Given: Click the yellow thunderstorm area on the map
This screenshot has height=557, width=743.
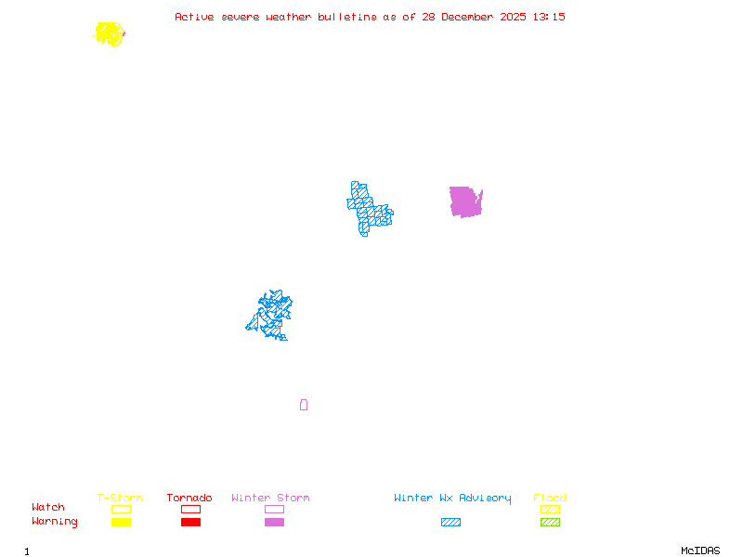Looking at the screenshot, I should click(x=110, y=34).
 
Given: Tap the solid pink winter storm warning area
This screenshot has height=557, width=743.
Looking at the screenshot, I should click(x=464, y=201).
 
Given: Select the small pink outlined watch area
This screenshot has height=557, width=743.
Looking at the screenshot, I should click(x=304, y=405).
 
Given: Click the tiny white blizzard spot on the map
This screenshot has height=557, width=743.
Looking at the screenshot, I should click(x=389, y=206).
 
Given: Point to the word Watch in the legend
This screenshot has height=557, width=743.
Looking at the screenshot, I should click(x=48, y=508).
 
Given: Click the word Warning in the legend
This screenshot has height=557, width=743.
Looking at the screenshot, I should click(x=54, y=522).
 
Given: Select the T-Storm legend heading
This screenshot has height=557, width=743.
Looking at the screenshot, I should click(x=120, y=499).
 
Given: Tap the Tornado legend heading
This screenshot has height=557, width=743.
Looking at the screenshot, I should click(x=189, y=499).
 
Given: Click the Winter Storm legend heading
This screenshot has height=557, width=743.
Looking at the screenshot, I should click(x=270, y=499).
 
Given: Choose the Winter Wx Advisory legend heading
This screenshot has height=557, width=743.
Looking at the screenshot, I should click(x=452, y=499).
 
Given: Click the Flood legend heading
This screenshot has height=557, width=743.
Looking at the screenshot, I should click(x=550, y=499).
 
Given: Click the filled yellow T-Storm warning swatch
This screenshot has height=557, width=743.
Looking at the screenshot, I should click(x=121, y=522).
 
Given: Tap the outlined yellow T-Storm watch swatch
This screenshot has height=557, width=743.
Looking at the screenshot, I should click(x=121, y=509).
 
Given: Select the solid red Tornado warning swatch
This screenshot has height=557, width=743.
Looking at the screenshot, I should click(x=190, y=522).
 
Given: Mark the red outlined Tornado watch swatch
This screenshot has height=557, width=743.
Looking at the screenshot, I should click(x=190, y=509).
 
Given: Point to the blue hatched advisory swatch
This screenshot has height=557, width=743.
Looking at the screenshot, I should click(x=450, y=522).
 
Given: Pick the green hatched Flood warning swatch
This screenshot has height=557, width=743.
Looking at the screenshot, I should click(x=550, y=522).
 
